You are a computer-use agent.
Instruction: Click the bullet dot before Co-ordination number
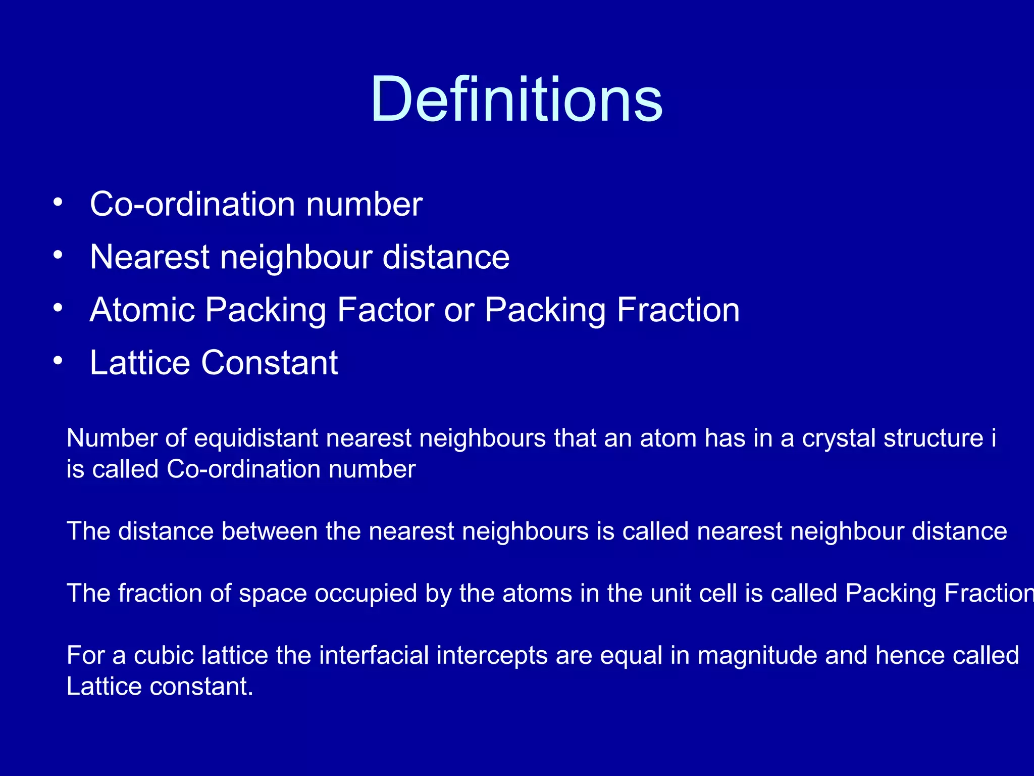point(58,202)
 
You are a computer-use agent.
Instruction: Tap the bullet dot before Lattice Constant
point(58,361)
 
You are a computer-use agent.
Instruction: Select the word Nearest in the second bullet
point(149,257)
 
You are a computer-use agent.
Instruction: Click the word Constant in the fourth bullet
point(270,362)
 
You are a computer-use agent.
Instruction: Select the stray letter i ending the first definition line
point(993,438)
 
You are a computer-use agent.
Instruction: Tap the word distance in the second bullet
point(446,257)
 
